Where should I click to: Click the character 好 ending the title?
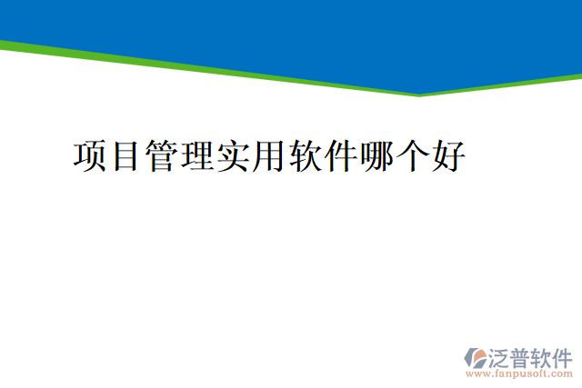449,155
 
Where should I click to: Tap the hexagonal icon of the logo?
476,358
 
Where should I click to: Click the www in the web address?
477,373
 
